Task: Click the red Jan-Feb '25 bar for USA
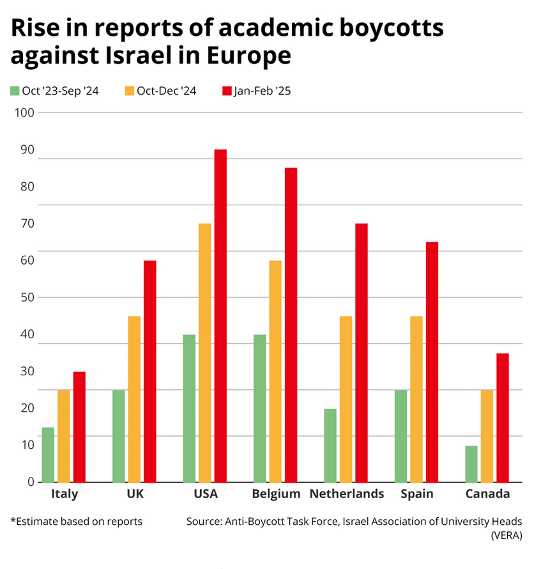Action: click(x=220, y=316)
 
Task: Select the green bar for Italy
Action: click(x=48, y=455)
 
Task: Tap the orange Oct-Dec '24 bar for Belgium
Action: click(x=275, y=371)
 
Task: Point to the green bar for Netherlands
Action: click(x=330, y=446)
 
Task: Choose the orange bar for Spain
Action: click(x=416, y=399)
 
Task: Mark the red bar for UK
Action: click(x=150, y=371)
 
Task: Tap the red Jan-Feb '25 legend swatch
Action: click(x=226, y=91)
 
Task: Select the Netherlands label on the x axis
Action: click(x=346, y=494)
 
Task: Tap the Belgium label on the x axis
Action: click(x=276, y=494)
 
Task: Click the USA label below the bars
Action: click(x=205, y=494)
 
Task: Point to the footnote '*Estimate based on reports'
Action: click(x=76, y=522)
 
